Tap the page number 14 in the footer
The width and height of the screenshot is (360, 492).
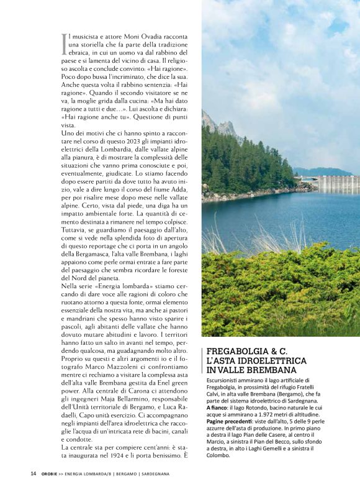click(x=34, y=473)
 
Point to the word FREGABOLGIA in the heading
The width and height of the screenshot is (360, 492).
click(x=236, y=351)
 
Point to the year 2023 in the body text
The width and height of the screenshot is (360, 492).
click(x=140, y=142)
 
